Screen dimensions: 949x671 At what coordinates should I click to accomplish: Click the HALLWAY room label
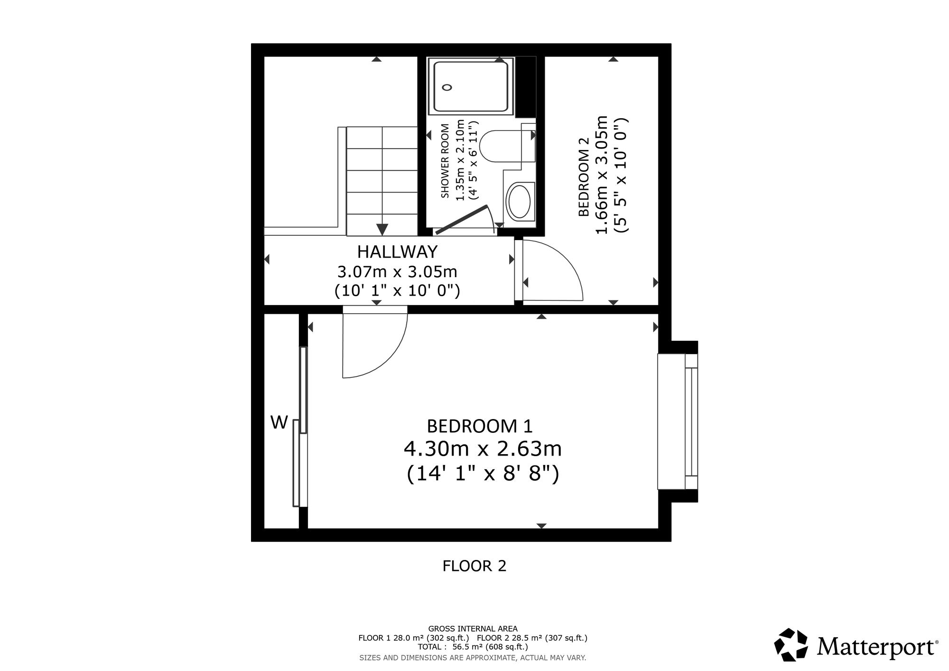398,251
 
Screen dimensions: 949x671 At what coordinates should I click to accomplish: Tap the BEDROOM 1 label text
480,426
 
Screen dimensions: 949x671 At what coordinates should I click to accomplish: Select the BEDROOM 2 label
584,177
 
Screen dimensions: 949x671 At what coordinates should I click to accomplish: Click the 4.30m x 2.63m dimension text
483,448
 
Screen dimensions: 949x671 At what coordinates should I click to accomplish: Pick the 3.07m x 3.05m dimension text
397,272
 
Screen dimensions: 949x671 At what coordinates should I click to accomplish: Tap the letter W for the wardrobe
279,422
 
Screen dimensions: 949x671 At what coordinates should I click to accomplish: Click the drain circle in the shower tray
447,87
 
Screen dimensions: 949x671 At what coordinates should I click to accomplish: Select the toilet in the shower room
508,145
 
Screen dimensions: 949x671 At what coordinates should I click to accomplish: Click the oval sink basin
520,201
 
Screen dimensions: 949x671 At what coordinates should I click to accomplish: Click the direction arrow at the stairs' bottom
382,229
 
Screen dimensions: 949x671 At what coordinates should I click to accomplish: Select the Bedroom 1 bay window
678,421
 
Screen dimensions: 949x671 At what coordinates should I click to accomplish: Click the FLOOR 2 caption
474,566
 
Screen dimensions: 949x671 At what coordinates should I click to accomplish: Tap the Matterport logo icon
791,645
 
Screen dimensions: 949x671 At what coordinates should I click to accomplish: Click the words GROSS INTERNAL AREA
473,629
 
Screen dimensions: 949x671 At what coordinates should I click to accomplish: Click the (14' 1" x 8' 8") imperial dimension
483,474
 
